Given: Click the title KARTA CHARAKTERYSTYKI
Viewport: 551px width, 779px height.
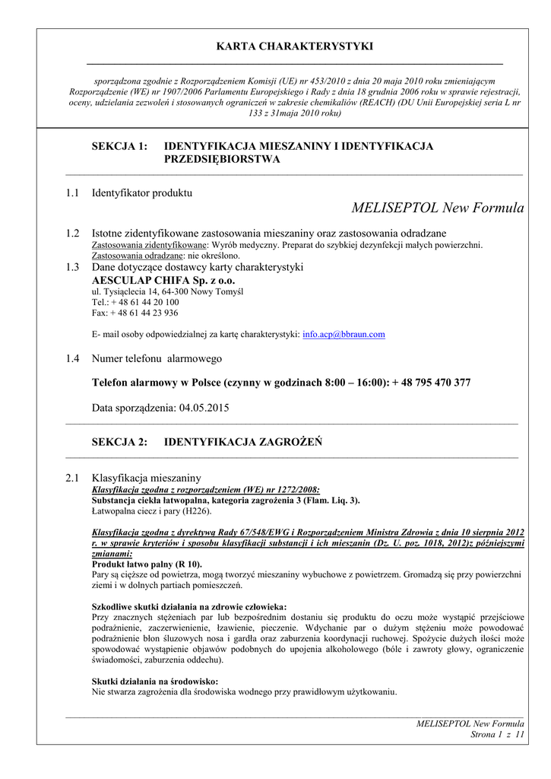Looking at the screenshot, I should coord(295,46).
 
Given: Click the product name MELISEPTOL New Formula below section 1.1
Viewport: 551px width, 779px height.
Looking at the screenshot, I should coord(438,208).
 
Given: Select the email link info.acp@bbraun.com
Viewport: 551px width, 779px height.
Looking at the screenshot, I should coord(344,334).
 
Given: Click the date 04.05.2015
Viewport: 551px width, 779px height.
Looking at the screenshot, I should coord(204,408).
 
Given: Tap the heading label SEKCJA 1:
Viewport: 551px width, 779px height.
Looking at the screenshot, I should coord(119,146).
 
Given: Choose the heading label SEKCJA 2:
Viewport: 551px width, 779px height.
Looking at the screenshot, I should coord(119,442).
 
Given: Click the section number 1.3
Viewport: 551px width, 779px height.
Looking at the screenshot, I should coord(73,267).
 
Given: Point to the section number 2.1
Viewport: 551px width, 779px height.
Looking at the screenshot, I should coord(73,478).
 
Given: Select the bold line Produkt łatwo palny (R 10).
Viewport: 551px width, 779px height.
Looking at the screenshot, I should coord(147,564).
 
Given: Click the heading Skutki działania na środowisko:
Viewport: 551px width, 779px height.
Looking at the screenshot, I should coord(155,682).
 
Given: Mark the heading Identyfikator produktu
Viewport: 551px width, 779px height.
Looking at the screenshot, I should coord(142,193).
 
